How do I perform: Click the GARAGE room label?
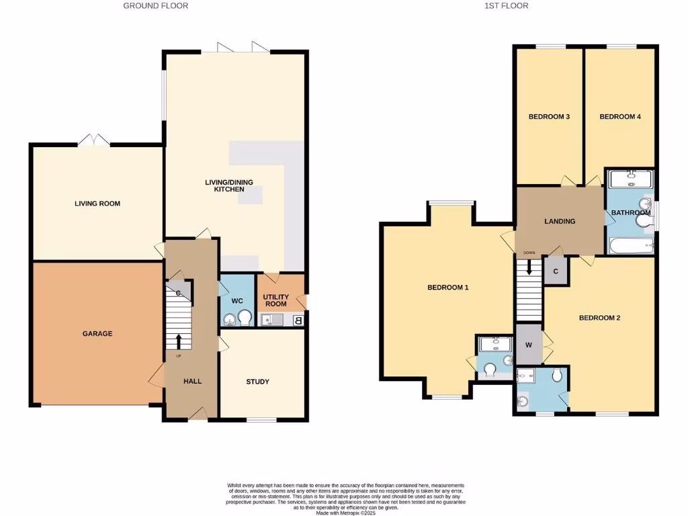point(97,334)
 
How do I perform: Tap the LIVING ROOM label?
point(97,204)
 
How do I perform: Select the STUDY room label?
point(257,382)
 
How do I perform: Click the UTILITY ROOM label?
point(275,300)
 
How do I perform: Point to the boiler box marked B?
point(298,320)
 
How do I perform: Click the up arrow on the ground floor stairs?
point(179,341)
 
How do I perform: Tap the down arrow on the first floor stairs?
point(529,266)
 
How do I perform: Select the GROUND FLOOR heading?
point(155,6)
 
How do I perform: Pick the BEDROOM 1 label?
point(447,288)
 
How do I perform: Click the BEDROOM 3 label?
point(549,117)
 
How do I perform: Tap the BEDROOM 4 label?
point(619,117)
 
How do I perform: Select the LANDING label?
point(560,221)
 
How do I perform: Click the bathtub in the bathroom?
point(631,246)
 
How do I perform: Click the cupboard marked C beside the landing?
point(556,272)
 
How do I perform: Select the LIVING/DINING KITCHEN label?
point(224,185)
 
